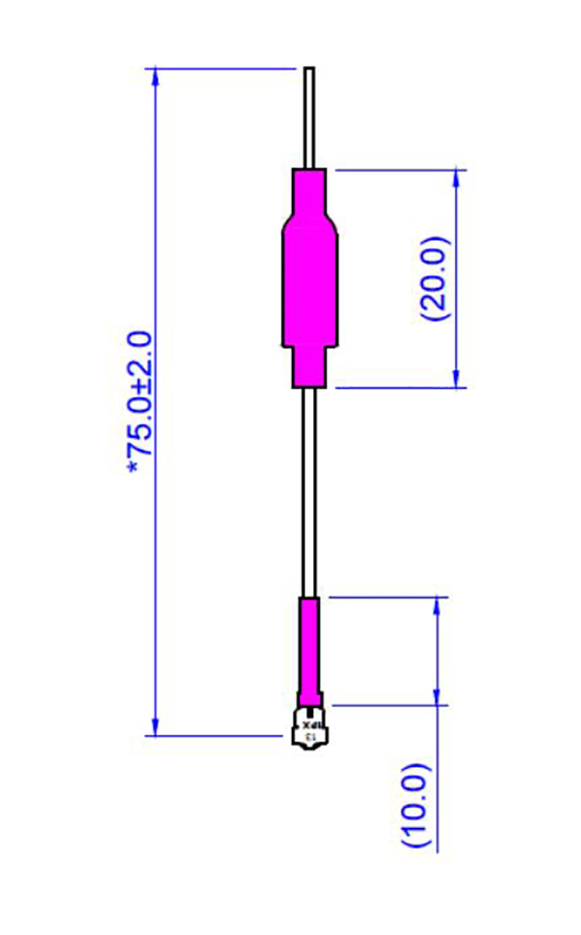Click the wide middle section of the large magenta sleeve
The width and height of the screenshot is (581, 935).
[x=309, y=283]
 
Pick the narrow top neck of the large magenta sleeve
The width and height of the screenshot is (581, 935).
[x=309, y=190]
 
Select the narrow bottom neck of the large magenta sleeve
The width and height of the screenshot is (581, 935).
[x=309, y=367]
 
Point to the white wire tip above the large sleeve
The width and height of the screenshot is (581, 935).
[x=309, y=116]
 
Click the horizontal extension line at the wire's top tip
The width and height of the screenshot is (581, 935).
[x=225, y=68]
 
